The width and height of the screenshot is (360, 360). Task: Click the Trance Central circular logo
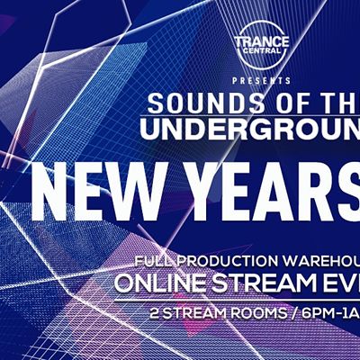pyautogui.click(x=262, y=44)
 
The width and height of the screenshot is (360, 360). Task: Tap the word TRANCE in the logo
pyautogui.click(x=262, y=41)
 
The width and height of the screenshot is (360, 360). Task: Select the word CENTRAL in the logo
pyautogui.click(x=262, y=50)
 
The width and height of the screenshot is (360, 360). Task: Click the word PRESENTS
pyautogui.click(x=262, y=81)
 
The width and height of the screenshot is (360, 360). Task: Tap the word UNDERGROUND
pyautogui.click(x=250, y=129)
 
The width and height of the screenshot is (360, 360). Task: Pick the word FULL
pyautogui.click(x=149, y=262)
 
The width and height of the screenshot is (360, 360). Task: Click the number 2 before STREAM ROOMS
pyautogui.click(x=155, y=314)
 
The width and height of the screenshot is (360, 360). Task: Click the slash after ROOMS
pyautogui.click(x=294, y=314)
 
